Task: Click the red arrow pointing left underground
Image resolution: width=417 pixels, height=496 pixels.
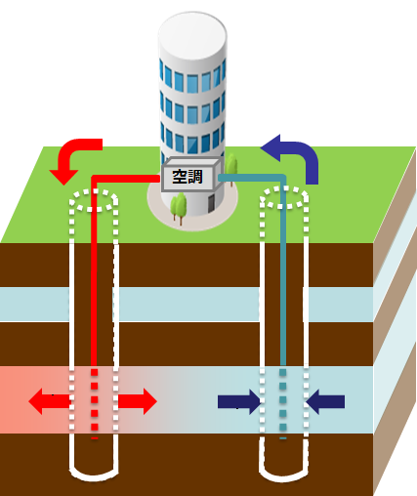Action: pyautogui.click(x=50, y=401)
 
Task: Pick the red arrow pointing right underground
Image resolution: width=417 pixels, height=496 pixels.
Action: pyautogui.click(x=138, y=401)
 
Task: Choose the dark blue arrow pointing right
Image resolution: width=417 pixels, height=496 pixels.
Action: pyautogui.click(x=239, y=401)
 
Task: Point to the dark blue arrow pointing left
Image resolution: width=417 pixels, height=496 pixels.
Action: pyautogui.click(x=325, y=401)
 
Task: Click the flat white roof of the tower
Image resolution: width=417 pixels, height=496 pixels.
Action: pyautogui.click(x=192, y=35)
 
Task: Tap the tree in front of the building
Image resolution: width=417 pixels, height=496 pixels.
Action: pyautogui.click(x=179, y=208)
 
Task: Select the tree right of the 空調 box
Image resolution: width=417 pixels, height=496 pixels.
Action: pyautogui.click(x=231, y=168)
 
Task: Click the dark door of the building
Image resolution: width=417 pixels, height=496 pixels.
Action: pyautogui.click(x=211, y=203)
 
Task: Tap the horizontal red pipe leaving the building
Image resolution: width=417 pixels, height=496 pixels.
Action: pyautogui.click(x=125, y=179)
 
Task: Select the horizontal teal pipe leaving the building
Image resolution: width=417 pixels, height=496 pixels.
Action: pyautogui.click(x=252, y=178)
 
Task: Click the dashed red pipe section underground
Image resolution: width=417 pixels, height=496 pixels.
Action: pyautogui.click(x=95, y=403)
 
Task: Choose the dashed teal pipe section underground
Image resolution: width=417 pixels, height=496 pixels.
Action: pyautogui.click(x=283, y=403)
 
